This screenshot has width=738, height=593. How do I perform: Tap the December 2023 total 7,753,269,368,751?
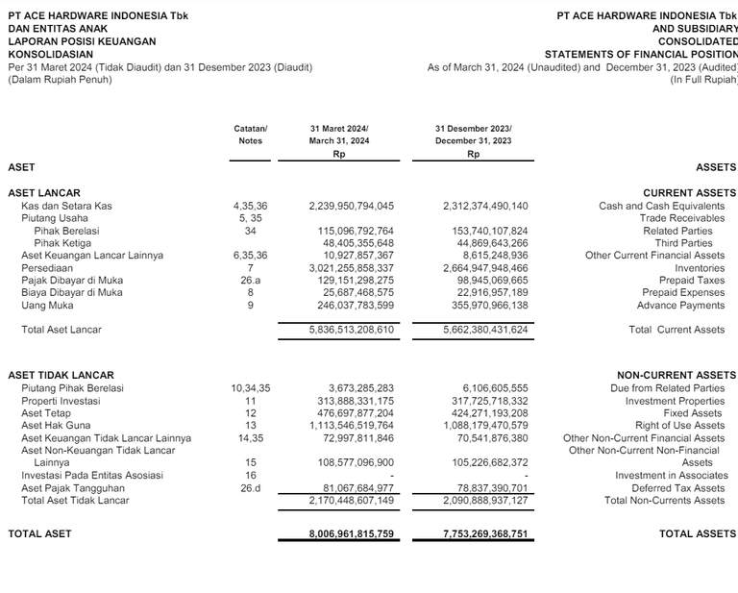(485, 533)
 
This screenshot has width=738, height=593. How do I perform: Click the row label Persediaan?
(47, 268)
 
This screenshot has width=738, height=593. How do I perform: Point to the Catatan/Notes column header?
(250, 135)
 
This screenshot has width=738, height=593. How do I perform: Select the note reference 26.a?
(250, 281)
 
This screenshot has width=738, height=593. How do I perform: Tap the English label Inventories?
(699, 268)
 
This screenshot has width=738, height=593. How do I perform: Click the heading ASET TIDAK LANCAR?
(61, 375)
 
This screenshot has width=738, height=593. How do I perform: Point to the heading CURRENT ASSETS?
(689, 193)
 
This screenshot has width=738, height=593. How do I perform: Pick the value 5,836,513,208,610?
(351, 330)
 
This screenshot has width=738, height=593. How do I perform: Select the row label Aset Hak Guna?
(56, 425)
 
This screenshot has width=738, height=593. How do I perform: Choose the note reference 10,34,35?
(250, 388)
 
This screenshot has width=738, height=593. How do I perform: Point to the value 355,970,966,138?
(485, 306)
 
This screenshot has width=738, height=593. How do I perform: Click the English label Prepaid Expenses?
(683, 293)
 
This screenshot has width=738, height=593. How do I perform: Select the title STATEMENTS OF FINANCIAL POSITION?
(641, 55)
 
